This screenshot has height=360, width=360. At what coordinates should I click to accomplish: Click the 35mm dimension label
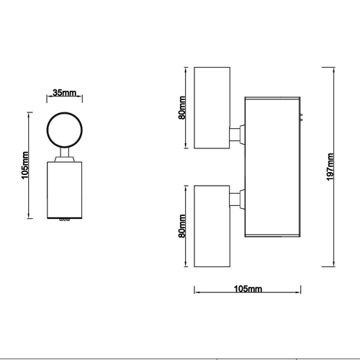64,93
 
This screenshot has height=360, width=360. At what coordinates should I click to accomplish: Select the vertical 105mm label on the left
25,165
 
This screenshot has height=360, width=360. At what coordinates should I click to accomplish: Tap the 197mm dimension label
330,167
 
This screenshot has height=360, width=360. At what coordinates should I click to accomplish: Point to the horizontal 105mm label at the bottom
248,289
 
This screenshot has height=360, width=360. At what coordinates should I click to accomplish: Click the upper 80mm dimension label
182,107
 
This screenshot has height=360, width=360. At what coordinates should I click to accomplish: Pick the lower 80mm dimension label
182,226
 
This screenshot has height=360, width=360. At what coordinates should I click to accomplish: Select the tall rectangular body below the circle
64,190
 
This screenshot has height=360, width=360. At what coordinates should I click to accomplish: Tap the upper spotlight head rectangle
212,108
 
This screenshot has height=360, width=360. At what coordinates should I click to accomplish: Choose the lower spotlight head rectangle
212,226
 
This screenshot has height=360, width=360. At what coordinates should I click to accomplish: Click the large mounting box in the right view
273,167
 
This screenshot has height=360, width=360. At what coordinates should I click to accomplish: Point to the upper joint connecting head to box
238,135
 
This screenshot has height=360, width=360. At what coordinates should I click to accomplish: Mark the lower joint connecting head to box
238,199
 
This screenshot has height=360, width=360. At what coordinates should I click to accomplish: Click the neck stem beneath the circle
64,154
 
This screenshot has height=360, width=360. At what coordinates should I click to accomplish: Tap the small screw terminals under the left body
65,220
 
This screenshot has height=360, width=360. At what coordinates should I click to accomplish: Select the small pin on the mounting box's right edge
301,117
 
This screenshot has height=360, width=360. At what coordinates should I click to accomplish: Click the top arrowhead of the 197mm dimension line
334,70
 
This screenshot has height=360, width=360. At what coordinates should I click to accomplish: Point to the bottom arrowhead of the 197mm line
334,264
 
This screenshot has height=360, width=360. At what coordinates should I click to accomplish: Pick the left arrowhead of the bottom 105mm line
197,292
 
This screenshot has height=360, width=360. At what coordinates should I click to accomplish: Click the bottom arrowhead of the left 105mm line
29,215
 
